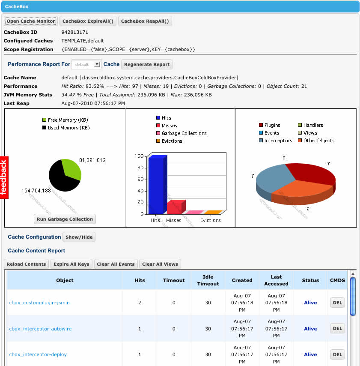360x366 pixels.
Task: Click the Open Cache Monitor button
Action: coord(30,21)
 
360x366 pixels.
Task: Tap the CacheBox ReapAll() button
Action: coord(145,21)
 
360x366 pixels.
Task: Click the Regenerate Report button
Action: coord(147,64)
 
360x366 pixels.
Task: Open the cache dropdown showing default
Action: coord(86,64)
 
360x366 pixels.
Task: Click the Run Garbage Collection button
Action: coord(65,219)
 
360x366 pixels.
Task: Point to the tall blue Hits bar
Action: coord(156,184)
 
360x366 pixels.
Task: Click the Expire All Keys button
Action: coord(71,264)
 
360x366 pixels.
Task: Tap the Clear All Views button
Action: coord(160,264)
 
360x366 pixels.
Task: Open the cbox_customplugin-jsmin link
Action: coord(39,303)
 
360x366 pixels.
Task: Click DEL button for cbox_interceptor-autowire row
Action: coord(337,329)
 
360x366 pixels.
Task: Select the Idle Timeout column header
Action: coord(208,280)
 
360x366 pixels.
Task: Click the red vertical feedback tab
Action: coord(4,177)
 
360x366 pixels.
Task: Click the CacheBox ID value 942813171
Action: coord(75,32)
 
